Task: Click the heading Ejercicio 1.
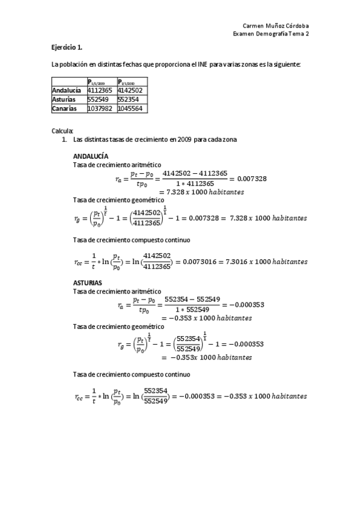tap(66, 46)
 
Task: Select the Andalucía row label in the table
tap(66, 90)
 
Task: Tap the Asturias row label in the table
tap(64, 100)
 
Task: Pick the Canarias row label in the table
tap(64, 109)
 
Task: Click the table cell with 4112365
tap(100, 90)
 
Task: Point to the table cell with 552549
tap(97, 100)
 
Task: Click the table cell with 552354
tap(128, 100)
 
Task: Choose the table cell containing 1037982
tap(100, 109)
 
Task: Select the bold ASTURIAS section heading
tap(87, 282)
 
